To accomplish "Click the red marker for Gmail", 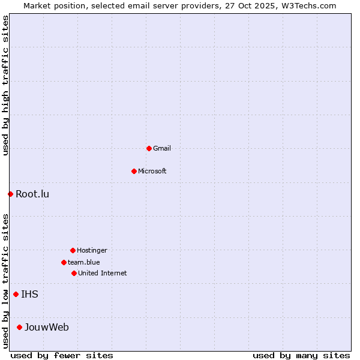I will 149,148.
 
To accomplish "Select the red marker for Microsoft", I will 134,171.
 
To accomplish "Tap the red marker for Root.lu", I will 10,194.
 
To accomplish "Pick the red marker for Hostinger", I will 73,250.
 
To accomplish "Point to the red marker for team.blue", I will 64,262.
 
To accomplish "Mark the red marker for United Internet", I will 74,273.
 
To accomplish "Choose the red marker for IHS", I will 16,294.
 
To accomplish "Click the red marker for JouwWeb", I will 19,327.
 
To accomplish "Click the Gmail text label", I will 162,148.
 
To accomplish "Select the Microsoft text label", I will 152,171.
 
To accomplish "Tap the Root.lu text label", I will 32,194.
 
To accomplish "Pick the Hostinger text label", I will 92,250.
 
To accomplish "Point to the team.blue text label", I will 84,262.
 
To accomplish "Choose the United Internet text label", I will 103,273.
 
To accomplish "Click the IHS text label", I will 29,294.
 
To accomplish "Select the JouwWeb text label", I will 47,327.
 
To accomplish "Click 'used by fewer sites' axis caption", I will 62,355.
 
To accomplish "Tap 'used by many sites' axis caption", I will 301,355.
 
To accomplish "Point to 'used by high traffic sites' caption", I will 5,85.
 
